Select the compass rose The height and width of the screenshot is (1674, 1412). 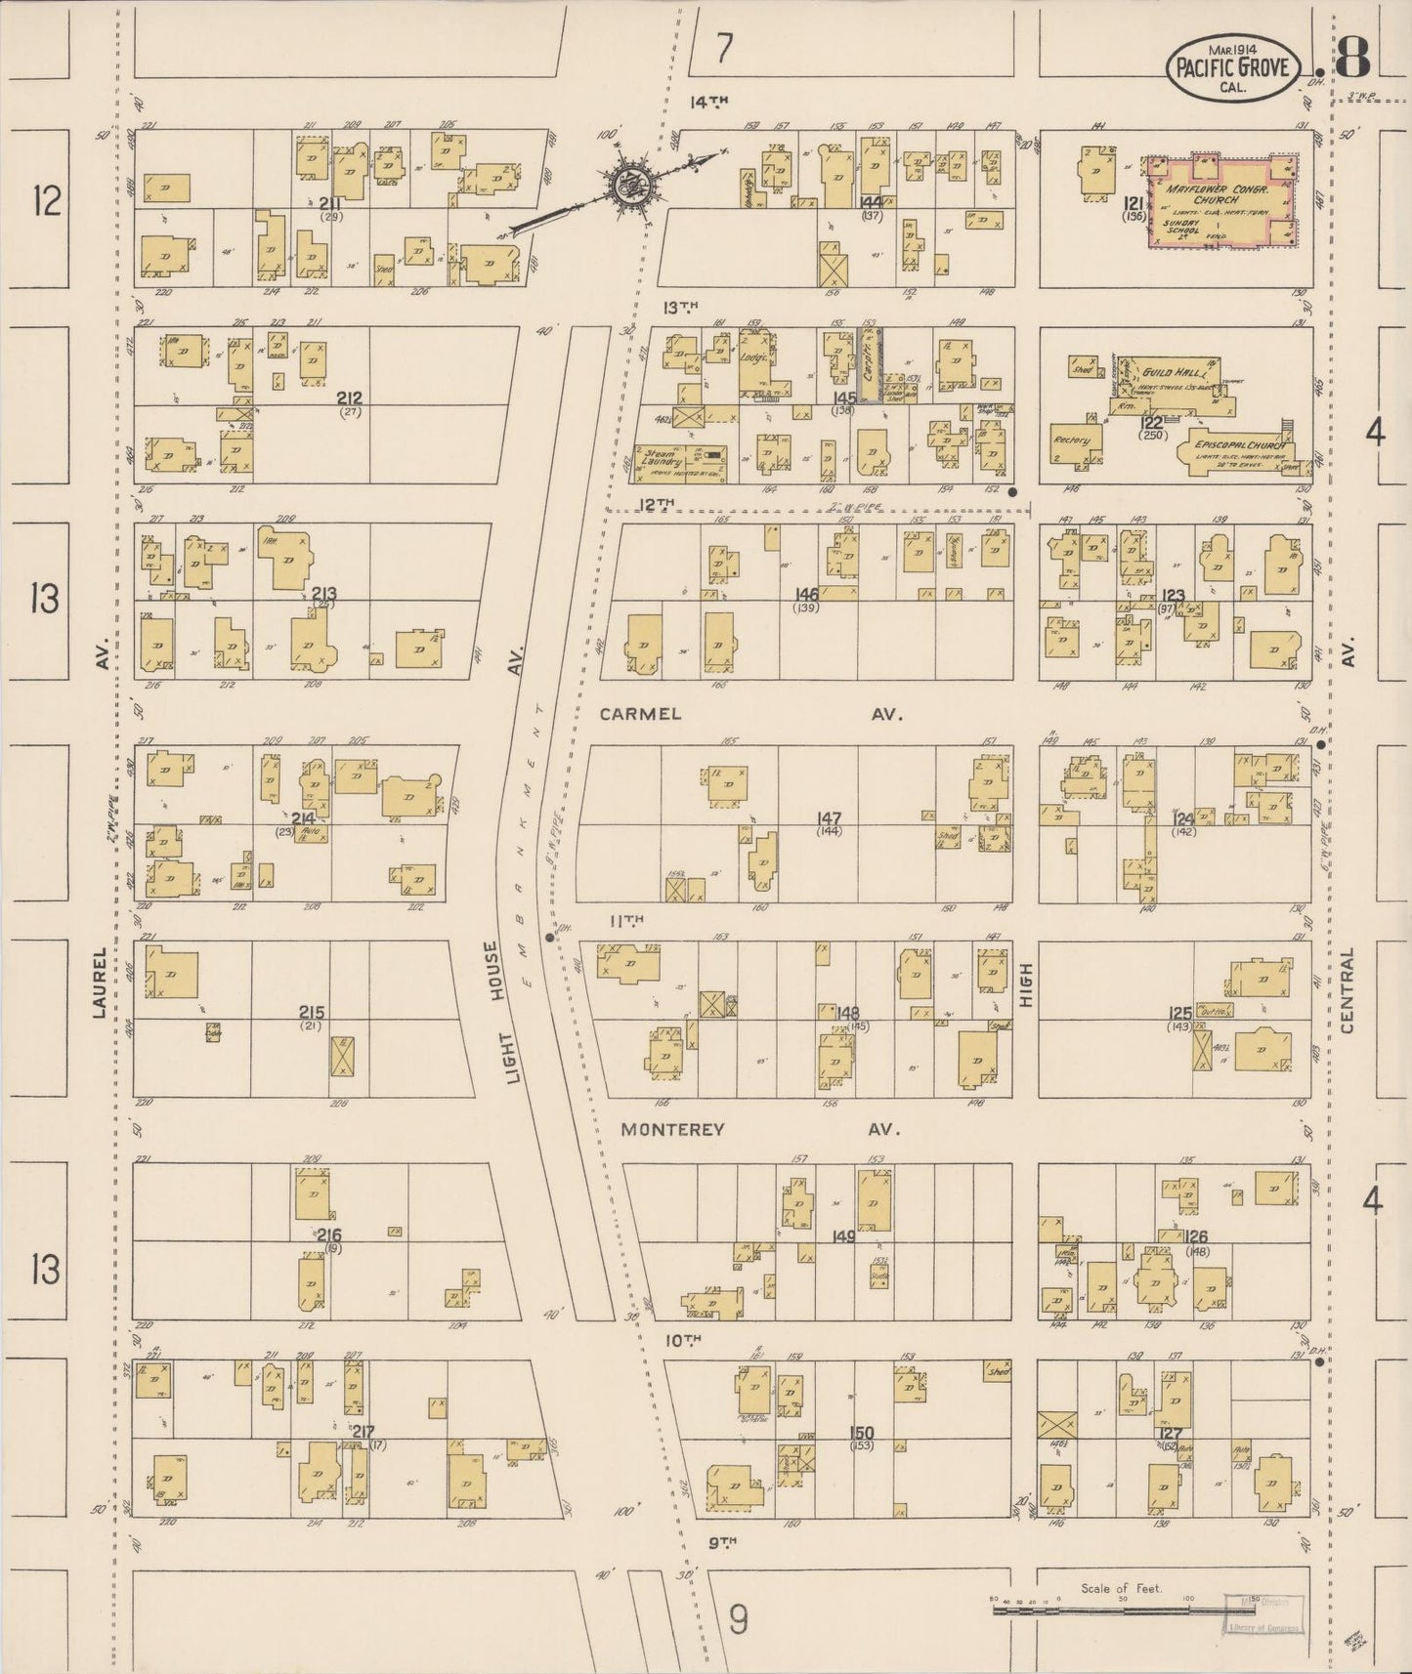[x=625, y=181]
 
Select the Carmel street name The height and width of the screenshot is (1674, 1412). [x=640, y=714]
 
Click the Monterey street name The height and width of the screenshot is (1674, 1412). [x=672, y=1129]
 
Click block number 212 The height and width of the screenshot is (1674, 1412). [x=349, y=398]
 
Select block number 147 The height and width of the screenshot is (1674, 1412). [x=832, y=818]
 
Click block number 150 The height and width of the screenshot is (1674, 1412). [x=862, y=1433]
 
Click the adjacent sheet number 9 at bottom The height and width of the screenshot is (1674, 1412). [x=739, y=1621]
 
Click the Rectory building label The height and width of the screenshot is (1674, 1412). [x=1071, y=440]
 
